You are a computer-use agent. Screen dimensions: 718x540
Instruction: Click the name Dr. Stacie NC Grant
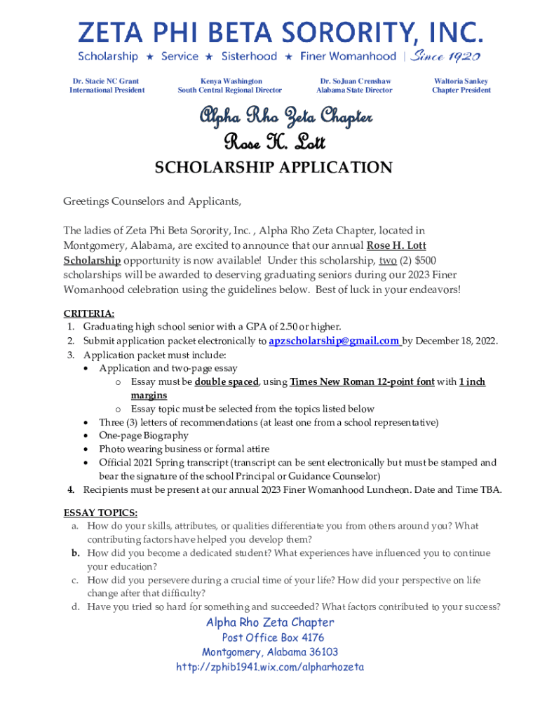pyautogui.click(x=107, y=81)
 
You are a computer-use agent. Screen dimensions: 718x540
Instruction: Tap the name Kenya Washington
pyautogui.click(x=230, y=81)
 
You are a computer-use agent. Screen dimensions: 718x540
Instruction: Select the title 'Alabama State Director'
pyautogui.click(x=354, y=90)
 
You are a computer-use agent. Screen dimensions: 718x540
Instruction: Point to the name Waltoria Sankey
pyautogui.click(x=461, y=81)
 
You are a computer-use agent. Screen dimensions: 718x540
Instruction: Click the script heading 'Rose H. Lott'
pyautogui.click(x=274, y=142)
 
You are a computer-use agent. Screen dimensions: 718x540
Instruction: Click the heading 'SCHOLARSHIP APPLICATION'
pyautogui.click(x=274, y=168)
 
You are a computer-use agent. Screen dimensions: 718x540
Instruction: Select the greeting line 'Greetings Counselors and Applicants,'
pyautogui.click(x=152, y=202)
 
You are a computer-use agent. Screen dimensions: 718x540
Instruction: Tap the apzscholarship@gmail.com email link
pyautogui.click(x=335, y=341)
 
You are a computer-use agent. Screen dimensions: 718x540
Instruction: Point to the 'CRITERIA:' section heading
pyautogui.click(x=89, y=313)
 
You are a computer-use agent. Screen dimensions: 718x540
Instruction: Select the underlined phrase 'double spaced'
pyautogui.click(x=227, y=382)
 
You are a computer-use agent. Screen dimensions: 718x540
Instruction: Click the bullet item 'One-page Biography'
pyautogui.click(x=144, y=435)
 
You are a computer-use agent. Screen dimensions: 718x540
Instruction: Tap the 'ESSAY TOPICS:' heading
pyautogui.click(x=100, y=513)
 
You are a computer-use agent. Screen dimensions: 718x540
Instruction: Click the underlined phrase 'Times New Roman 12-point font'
pyautogui.click(x=362, y=382)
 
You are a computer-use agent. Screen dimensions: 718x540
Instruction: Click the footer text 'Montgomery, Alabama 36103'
pyautogui.click(x=270, y=653)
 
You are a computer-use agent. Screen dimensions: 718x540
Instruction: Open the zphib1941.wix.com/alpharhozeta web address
pyautogui.click(x=270, y=668)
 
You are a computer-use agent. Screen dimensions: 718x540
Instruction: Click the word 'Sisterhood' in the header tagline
pyautogui.click(x=249, y=56)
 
